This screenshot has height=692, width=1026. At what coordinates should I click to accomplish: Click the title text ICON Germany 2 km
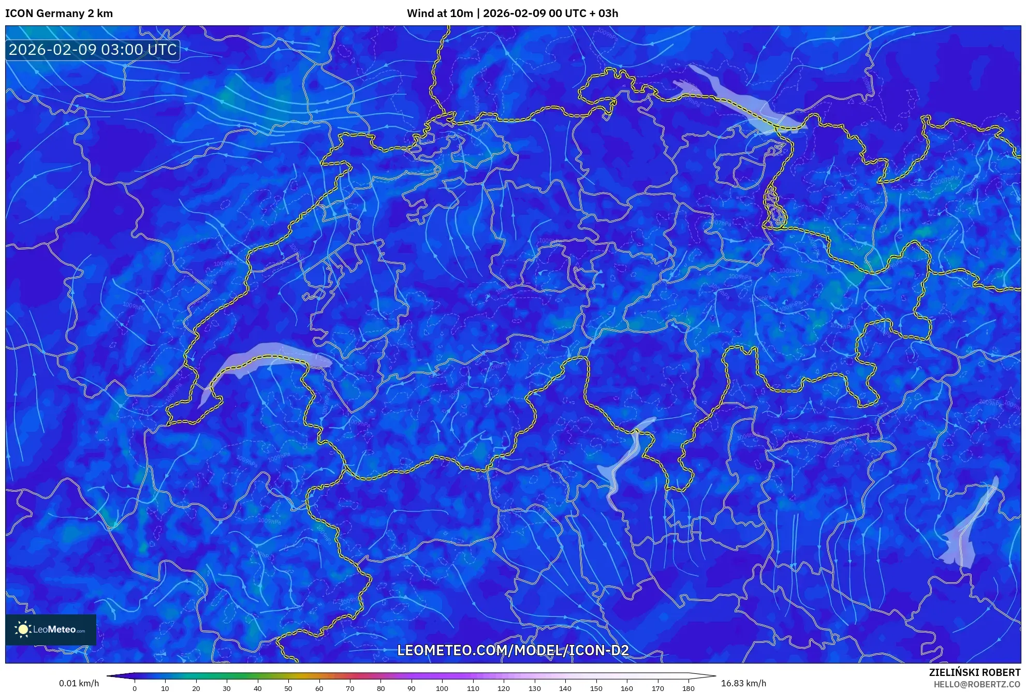tap(58, 13)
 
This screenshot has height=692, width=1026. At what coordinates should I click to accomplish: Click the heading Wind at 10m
tap(439, 13)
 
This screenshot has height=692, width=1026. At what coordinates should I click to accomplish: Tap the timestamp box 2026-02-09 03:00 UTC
tap(93, 50)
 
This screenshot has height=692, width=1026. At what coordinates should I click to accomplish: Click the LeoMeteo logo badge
tap(51, 629)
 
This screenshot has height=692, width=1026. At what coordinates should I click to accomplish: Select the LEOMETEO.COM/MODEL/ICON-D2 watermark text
tap(512, 650)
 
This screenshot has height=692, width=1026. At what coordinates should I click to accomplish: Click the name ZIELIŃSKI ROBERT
tap(974, 672)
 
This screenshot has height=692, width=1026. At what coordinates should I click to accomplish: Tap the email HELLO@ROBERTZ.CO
tap(977, 684)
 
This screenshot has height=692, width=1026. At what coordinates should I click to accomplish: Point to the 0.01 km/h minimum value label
tap(79, 683)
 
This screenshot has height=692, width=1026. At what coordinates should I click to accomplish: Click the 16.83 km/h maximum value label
tap(743, 683)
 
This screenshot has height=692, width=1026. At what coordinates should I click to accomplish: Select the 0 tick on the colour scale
tap(135, 688)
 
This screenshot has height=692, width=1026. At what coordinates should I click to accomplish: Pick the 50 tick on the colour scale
tap(288, 688)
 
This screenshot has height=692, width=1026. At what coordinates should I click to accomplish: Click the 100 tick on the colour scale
tap(442, 688)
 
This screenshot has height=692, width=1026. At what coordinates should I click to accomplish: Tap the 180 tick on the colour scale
tap(688, 688)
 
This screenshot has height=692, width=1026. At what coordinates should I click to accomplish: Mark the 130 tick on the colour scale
tap(534, 688)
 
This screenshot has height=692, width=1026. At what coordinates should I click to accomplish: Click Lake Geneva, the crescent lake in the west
tap(264, 357)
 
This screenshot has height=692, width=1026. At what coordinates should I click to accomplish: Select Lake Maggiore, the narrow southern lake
tap(621, 466)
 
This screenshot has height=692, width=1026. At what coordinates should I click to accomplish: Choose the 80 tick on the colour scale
tap(380, 688)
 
